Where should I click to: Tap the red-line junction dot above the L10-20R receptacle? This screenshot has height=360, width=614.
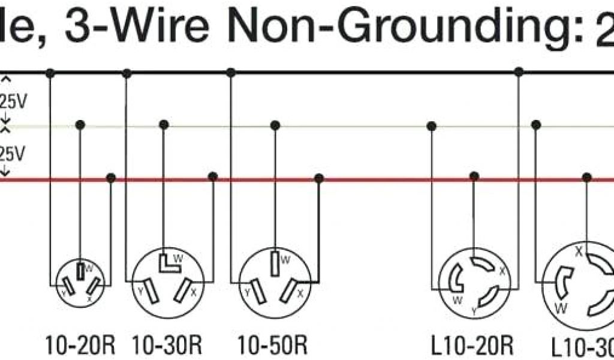tap(474, 177)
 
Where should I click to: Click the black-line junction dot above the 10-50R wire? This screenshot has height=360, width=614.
tap(231, 73)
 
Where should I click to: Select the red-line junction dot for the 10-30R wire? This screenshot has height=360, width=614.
tap(212, 177)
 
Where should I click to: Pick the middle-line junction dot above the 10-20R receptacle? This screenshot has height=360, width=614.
tap(79, 125)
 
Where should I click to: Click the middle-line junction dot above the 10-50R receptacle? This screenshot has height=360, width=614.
tap(275, 125)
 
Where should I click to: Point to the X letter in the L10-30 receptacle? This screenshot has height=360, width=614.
tap(579, 253)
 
